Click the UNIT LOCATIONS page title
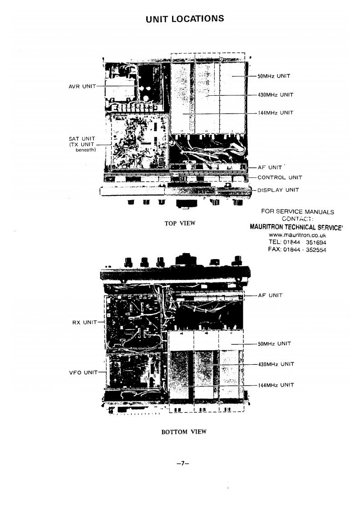(185, 19)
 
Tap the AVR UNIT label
(82, 87)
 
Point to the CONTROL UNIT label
(279, 178)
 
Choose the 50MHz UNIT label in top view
(274, 76)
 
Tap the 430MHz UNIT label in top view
(276, 95)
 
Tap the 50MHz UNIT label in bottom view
(274, 344)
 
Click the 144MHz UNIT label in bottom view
(276, 385)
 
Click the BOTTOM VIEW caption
(184, 432)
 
